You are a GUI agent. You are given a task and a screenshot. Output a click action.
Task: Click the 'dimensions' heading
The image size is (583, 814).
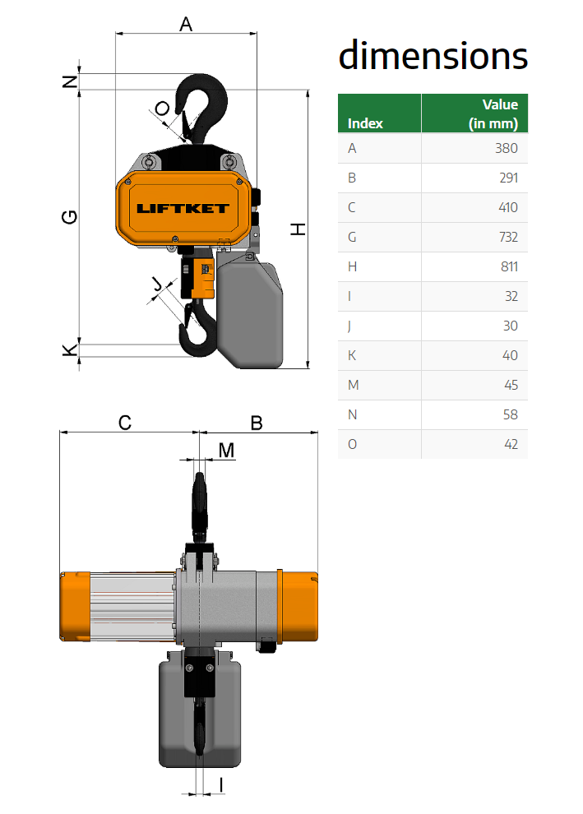tap(433, 56)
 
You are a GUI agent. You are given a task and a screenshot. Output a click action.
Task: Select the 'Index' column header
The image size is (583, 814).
tap(365, 123)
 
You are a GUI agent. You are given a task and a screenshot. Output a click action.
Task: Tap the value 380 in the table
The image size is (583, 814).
tap(507, 149)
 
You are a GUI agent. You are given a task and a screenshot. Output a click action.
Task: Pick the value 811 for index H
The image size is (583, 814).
tap(509, 267)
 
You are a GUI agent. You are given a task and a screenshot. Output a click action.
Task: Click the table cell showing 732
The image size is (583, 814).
tap(508, 238)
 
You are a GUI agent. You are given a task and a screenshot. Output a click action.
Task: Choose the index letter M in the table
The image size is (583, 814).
tap(353, 385)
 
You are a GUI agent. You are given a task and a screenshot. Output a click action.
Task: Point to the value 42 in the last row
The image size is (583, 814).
tap(511, 444)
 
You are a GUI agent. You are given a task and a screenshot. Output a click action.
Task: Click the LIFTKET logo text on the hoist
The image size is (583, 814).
tap(183, 209)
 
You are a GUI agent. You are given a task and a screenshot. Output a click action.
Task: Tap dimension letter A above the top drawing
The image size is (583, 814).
tap(185, 24)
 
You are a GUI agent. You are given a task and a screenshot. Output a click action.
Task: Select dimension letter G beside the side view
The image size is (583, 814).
tap(70, 217)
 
